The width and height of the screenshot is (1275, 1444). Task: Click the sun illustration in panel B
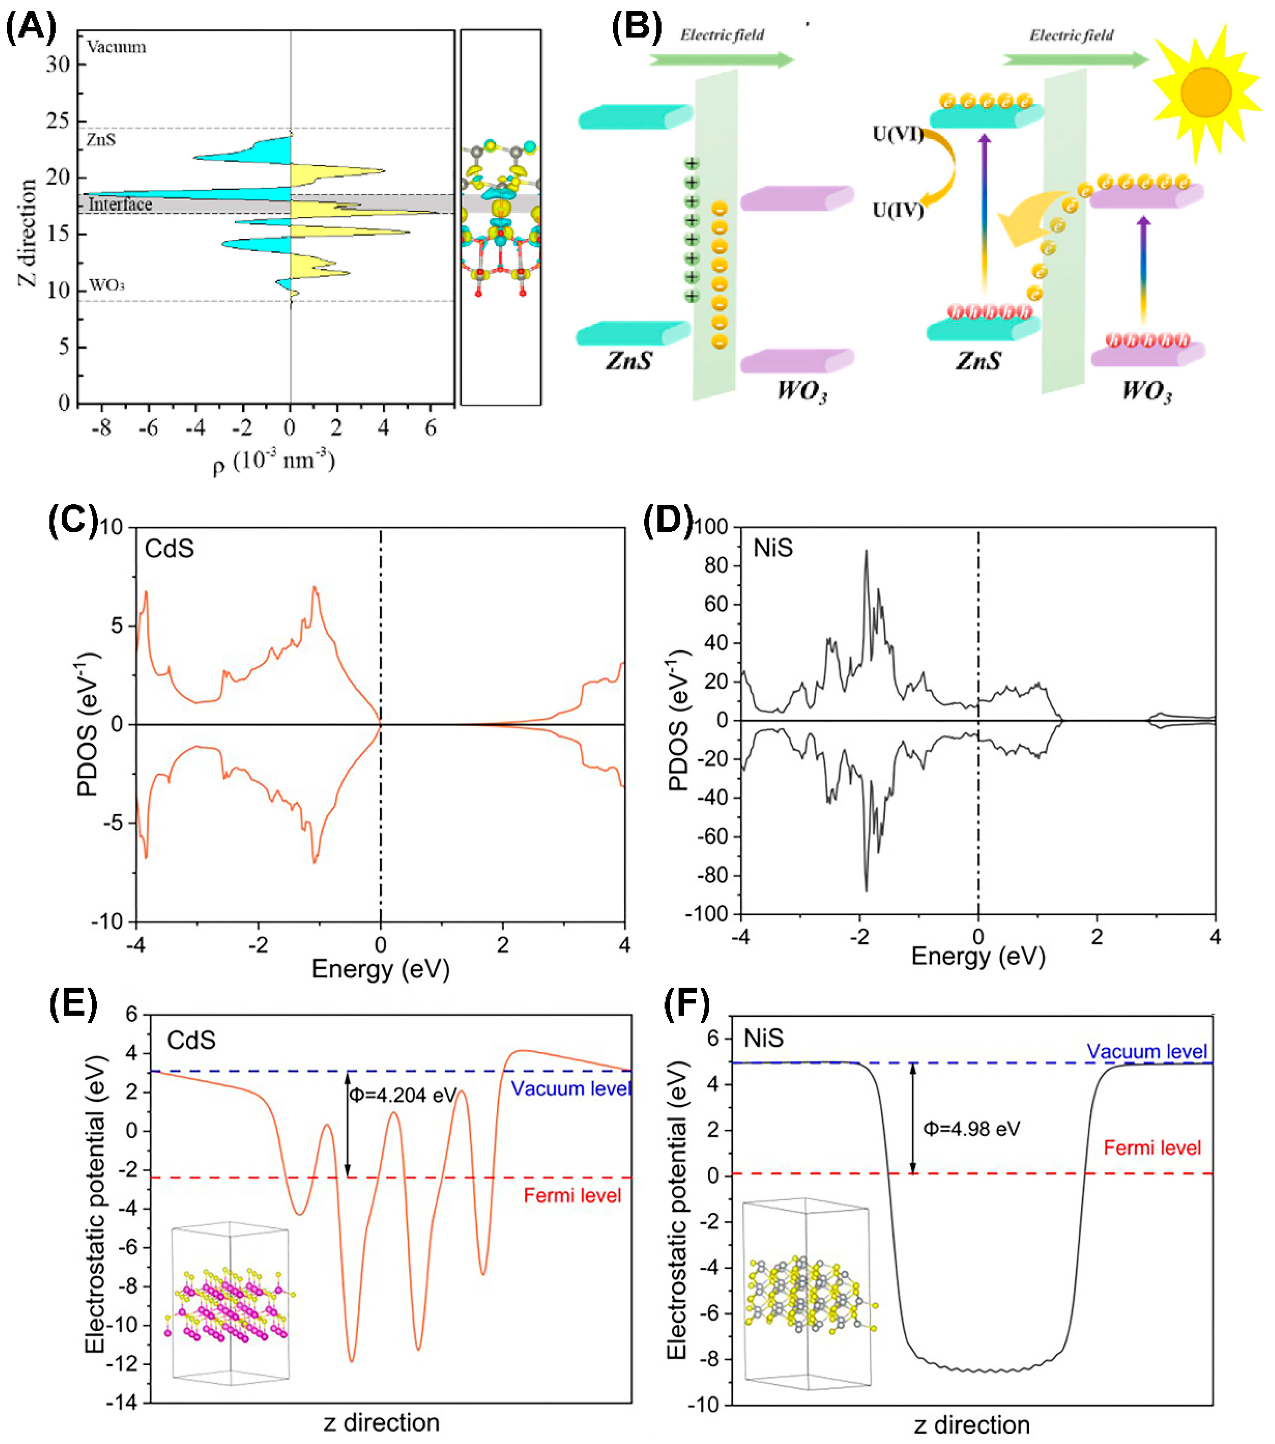coord(1206,93)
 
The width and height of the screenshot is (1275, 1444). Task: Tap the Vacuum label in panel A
coord(117,47)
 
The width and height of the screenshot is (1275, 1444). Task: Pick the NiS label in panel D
coord(773,548)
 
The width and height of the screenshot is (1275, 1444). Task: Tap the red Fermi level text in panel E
coord(572,1195)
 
